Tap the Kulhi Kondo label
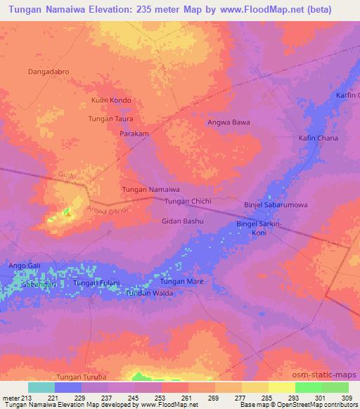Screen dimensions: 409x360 click(111, 100)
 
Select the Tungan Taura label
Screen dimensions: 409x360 click(110, 119)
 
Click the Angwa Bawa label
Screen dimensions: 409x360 click(229, 122)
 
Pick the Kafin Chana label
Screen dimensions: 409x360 click(319, 138)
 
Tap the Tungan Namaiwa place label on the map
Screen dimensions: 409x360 click(151, 190)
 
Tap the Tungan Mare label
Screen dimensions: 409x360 click(182, 281)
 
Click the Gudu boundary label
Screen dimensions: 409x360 click(67, 174)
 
